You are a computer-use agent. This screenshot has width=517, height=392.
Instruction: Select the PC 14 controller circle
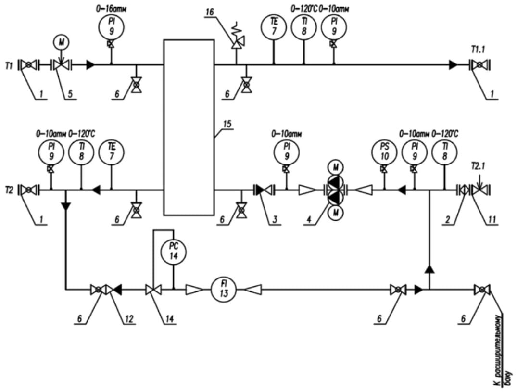pyautogui.click(x=174, y=252)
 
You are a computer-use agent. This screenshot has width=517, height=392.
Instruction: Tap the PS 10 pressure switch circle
pyautogui.click(x=384, y=152)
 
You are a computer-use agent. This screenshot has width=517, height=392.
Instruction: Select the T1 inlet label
pyautogui.click(x=9, y=66)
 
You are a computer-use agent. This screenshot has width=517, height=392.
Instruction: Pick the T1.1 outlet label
pyautogui.click(x=478, y=50)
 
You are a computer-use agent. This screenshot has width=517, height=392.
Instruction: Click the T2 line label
pyautogui.click(x=9, y=190)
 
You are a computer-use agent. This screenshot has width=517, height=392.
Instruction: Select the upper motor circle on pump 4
pyautogui.click(x=335, y=167)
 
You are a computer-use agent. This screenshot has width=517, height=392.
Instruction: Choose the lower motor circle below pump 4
pyautogui.click(x=335, y=213)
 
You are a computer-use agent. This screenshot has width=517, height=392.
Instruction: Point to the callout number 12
pyautogui.click(x=129, y=318)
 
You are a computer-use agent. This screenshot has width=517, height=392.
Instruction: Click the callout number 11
pyautogui.click(x=492, y=219)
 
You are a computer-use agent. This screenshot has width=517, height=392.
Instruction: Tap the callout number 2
pyautogui.click(x=447, y=219)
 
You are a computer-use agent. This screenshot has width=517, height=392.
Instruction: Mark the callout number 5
pyautogui.click(x=70, y=95)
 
